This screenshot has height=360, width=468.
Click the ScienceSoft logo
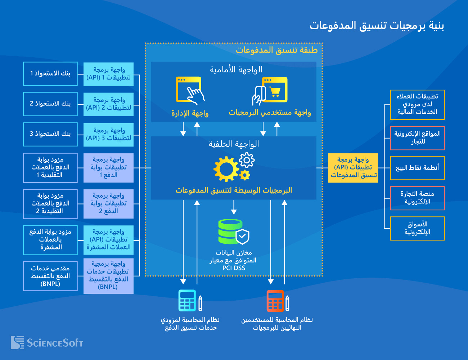click(x=47, y=342)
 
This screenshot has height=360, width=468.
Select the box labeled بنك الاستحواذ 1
click(x=50, y=74)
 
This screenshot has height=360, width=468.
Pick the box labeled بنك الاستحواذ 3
click(x=50, y=134)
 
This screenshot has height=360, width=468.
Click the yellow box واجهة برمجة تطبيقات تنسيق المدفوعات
click(x=353, y=168)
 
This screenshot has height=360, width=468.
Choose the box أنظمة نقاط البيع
click(x=417, y=168)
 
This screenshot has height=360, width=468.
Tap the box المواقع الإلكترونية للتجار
click(x=417, y=138)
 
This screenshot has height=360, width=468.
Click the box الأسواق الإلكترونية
click(x=417, y=228)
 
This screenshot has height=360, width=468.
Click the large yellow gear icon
click(x=226, y=169)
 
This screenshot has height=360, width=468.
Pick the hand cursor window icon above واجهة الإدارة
click(x=189, y=90)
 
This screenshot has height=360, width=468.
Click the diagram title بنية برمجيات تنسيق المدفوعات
click(x=377, y=26)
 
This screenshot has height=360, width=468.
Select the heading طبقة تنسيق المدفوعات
click(x=276, y=50)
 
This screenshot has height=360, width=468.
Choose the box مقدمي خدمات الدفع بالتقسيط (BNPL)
click(x=50, y=276)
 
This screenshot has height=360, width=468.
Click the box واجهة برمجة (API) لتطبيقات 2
click(x=108, y=104)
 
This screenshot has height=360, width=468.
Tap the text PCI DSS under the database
click(x=234, y=268)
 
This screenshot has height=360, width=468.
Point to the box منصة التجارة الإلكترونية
click(x=417, y=198)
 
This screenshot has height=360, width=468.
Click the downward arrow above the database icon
click(x=234, y=207)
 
